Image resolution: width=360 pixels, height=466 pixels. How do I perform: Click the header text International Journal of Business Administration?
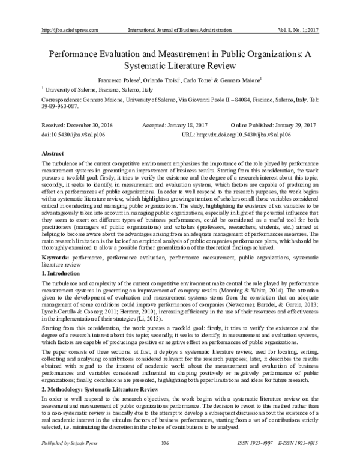pos(179,29)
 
